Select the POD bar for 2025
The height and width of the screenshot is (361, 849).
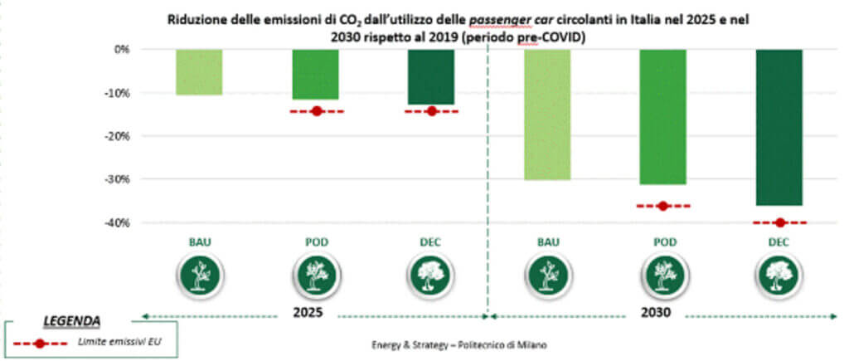tap(315, 75)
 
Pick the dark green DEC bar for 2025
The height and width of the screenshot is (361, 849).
tap(430, 77)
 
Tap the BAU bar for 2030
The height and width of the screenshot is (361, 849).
tap(546, 115)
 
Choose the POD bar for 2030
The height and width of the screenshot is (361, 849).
tap(662, 117)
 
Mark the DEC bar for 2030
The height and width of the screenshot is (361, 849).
tap(779, 127)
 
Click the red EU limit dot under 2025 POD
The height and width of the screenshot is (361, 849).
tap(316, 111)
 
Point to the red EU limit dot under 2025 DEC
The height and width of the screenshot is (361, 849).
tap(431, 111)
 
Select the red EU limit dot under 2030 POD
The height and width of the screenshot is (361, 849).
tap(662, 206)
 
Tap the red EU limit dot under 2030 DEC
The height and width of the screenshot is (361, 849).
tap(779, 222)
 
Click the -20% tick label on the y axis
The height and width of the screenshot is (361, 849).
tap(119, 136)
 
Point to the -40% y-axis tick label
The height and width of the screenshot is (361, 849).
tap(119, 222)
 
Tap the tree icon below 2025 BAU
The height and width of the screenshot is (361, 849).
tap(199, 274)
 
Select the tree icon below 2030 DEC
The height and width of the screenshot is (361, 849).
tap(779, 274)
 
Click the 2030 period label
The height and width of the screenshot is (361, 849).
tap(654, 315)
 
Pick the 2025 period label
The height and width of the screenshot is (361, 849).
tap(308, 315)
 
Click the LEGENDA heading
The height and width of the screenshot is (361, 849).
tap(72, 320)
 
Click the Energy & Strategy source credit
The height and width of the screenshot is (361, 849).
tap(458, 344)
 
